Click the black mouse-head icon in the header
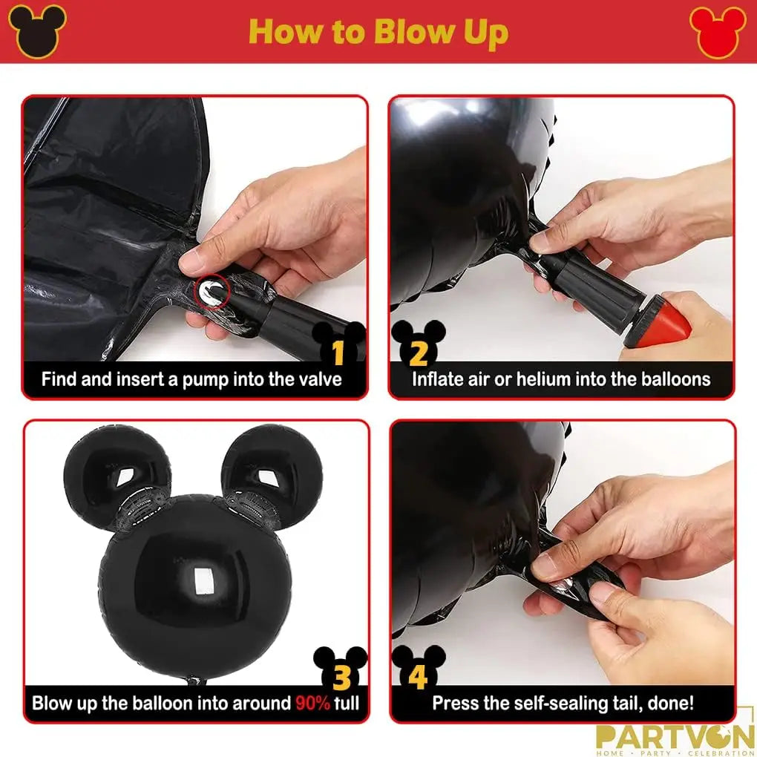pos(37,31)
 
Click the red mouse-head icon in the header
pos(718,32)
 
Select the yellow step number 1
pos(338,353)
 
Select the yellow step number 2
pos(418,353)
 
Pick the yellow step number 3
pos(342,678)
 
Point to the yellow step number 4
pos(418,677)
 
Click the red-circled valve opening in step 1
pos(212,292)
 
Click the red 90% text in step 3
pos(312,703)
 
